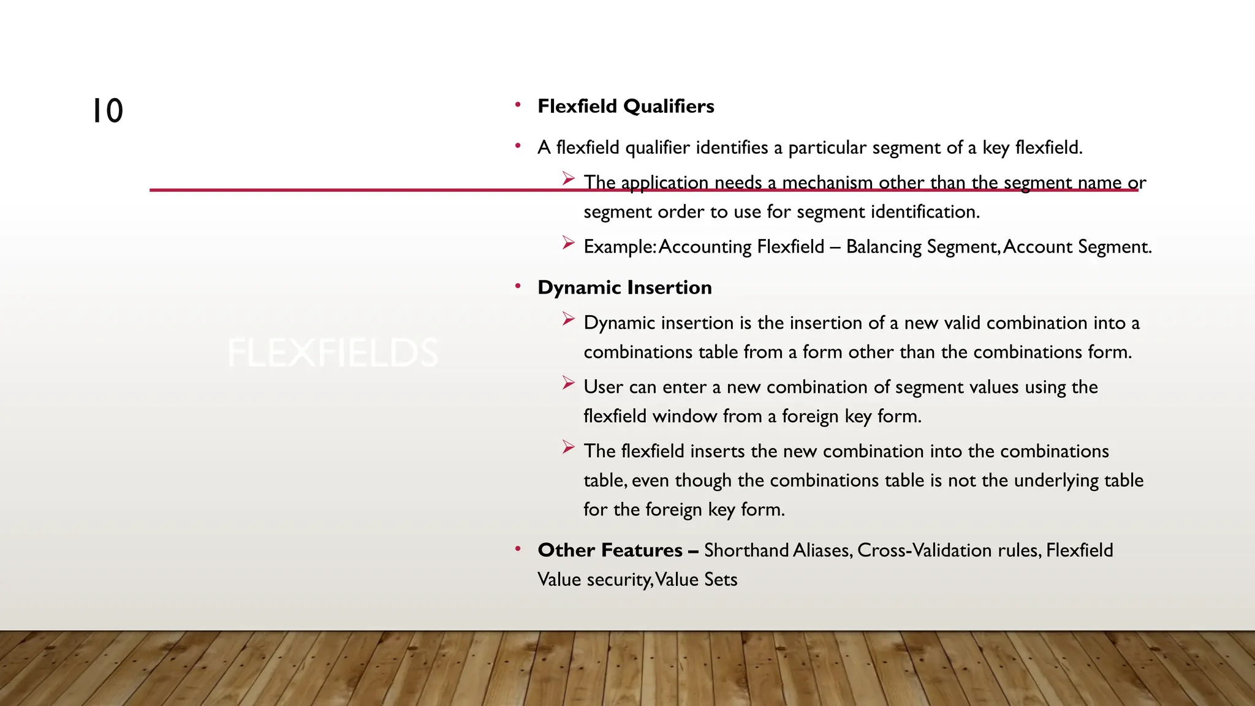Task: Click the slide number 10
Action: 107,112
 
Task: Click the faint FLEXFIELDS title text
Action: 333,353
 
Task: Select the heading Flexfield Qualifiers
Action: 626,106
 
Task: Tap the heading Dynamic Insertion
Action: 624,287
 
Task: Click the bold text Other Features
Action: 609,550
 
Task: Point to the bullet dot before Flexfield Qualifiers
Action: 518,105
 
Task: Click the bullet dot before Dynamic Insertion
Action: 518,286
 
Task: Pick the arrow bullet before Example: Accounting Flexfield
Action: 568,243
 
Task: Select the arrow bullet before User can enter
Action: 568,384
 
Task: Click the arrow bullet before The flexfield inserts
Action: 568,447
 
